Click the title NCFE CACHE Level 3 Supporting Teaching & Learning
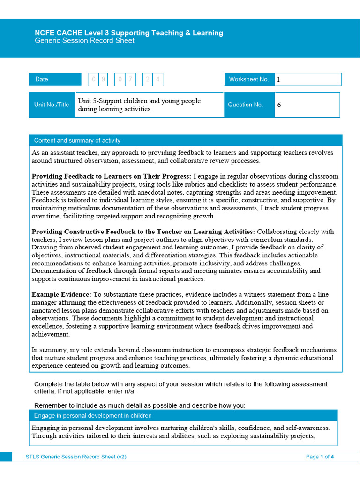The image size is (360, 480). pos(129,33)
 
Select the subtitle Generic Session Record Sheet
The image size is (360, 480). pos(84,41)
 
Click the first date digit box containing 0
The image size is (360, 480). pos(94,79)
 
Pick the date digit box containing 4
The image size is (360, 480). pos(158,79)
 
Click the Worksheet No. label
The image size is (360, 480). pos(249,79)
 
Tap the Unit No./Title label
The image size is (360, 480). pos(52,105)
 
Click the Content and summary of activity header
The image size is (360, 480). pos(77,140)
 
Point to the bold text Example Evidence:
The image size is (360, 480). pos(61,294)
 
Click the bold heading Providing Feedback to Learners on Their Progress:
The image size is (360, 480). pos(111,176)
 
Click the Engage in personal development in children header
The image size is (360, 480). pos(93,415)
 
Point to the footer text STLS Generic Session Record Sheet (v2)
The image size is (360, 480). pos(76,457)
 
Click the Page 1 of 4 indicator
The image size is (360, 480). pos(320,457)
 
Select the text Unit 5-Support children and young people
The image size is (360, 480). pos(139,101)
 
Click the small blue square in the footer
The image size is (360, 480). pos(6,457)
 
